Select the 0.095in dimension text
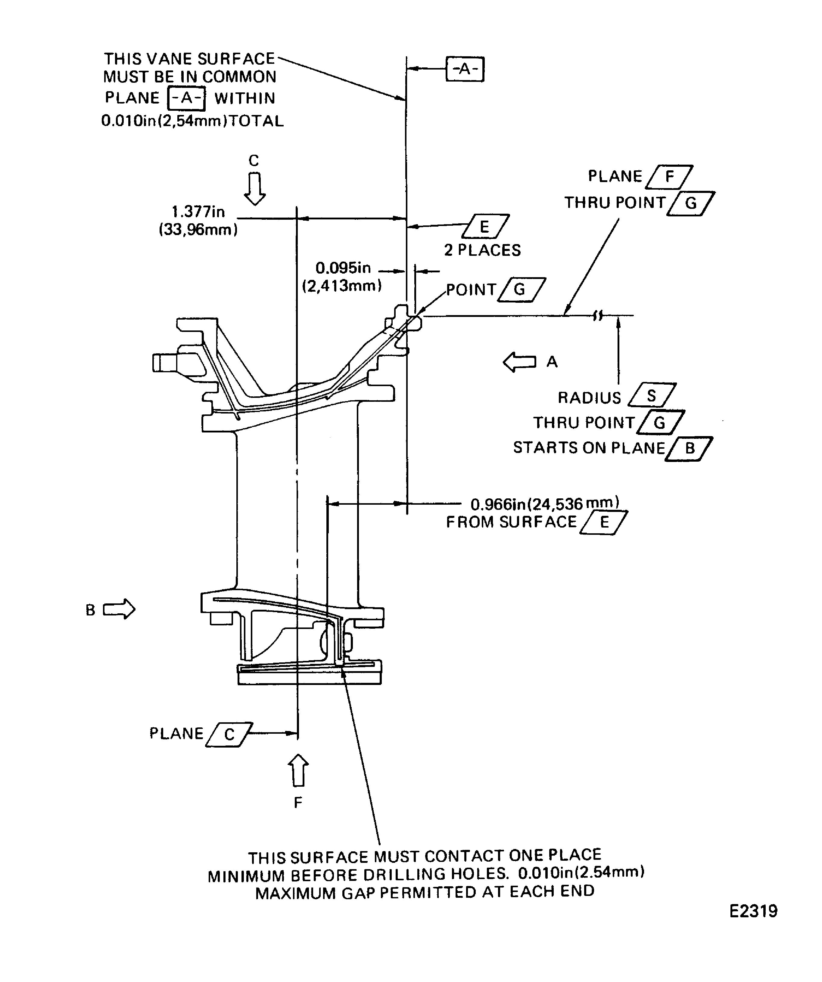point(343,268)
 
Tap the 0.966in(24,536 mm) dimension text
point(545,503)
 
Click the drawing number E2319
point(753,911)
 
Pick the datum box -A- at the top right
point(465,69)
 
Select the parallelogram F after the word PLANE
point(669,177)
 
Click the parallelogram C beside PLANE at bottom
point(229,734)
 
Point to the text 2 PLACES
point(482,250)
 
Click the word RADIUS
point(589,398)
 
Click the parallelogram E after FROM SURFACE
point(604,522)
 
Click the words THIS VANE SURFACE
point(189,59)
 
